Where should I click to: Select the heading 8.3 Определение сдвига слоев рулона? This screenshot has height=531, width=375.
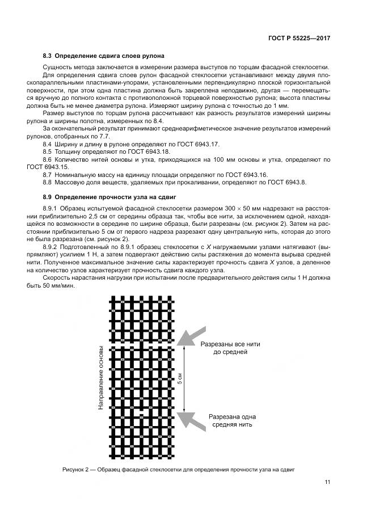[104, 56]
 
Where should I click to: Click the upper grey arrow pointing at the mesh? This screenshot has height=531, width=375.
[190, 338]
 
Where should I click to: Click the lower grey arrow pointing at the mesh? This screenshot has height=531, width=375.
[191, 420]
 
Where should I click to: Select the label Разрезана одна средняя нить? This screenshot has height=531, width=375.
[231, 420]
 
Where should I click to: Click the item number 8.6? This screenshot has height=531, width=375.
[48, 159]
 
